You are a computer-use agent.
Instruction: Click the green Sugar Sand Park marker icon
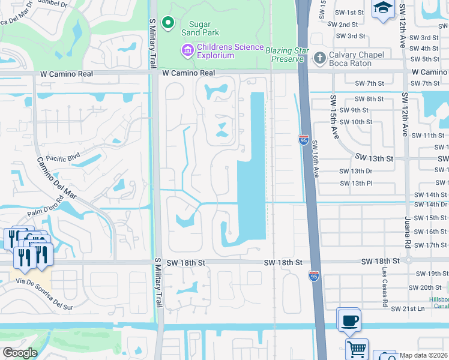click(169, 23)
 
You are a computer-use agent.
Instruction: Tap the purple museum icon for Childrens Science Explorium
click(188, 49)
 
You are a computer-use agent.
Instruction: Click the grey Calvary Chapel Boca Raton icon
click(319, 58)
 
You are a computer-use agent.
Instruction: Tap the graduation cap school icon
click(382, 10)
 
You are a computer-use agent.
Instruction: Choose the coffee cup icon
click(349, 320)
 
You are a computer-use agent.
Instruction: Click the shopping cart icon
click(357, 349)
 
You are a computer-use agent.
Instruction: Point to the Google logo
click(20, 353)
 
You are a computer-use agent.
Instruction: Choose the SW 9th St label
click(354, 110)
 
